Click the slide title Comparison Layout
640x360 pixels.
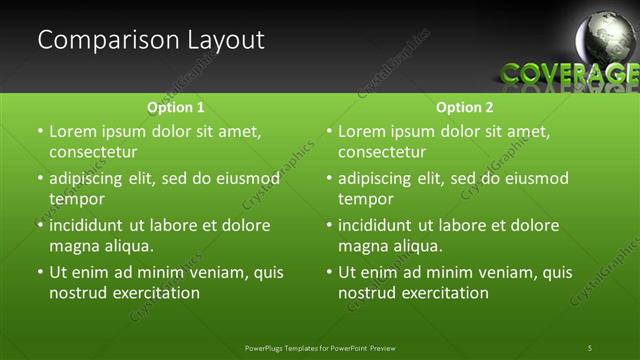(x=151, y=41)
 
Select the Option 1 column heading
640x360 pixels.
(x=176, y=107)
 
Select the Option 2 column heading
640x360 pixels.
(x=465, y=107)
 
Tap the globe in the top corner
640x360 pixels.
(x=608, y=38)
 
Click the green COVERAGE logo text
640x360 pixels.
(x=569, y=73)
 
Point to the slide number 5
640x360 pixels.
(x=590, y=347)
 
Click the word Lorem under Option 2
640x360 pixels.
(x=363, y=131)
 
